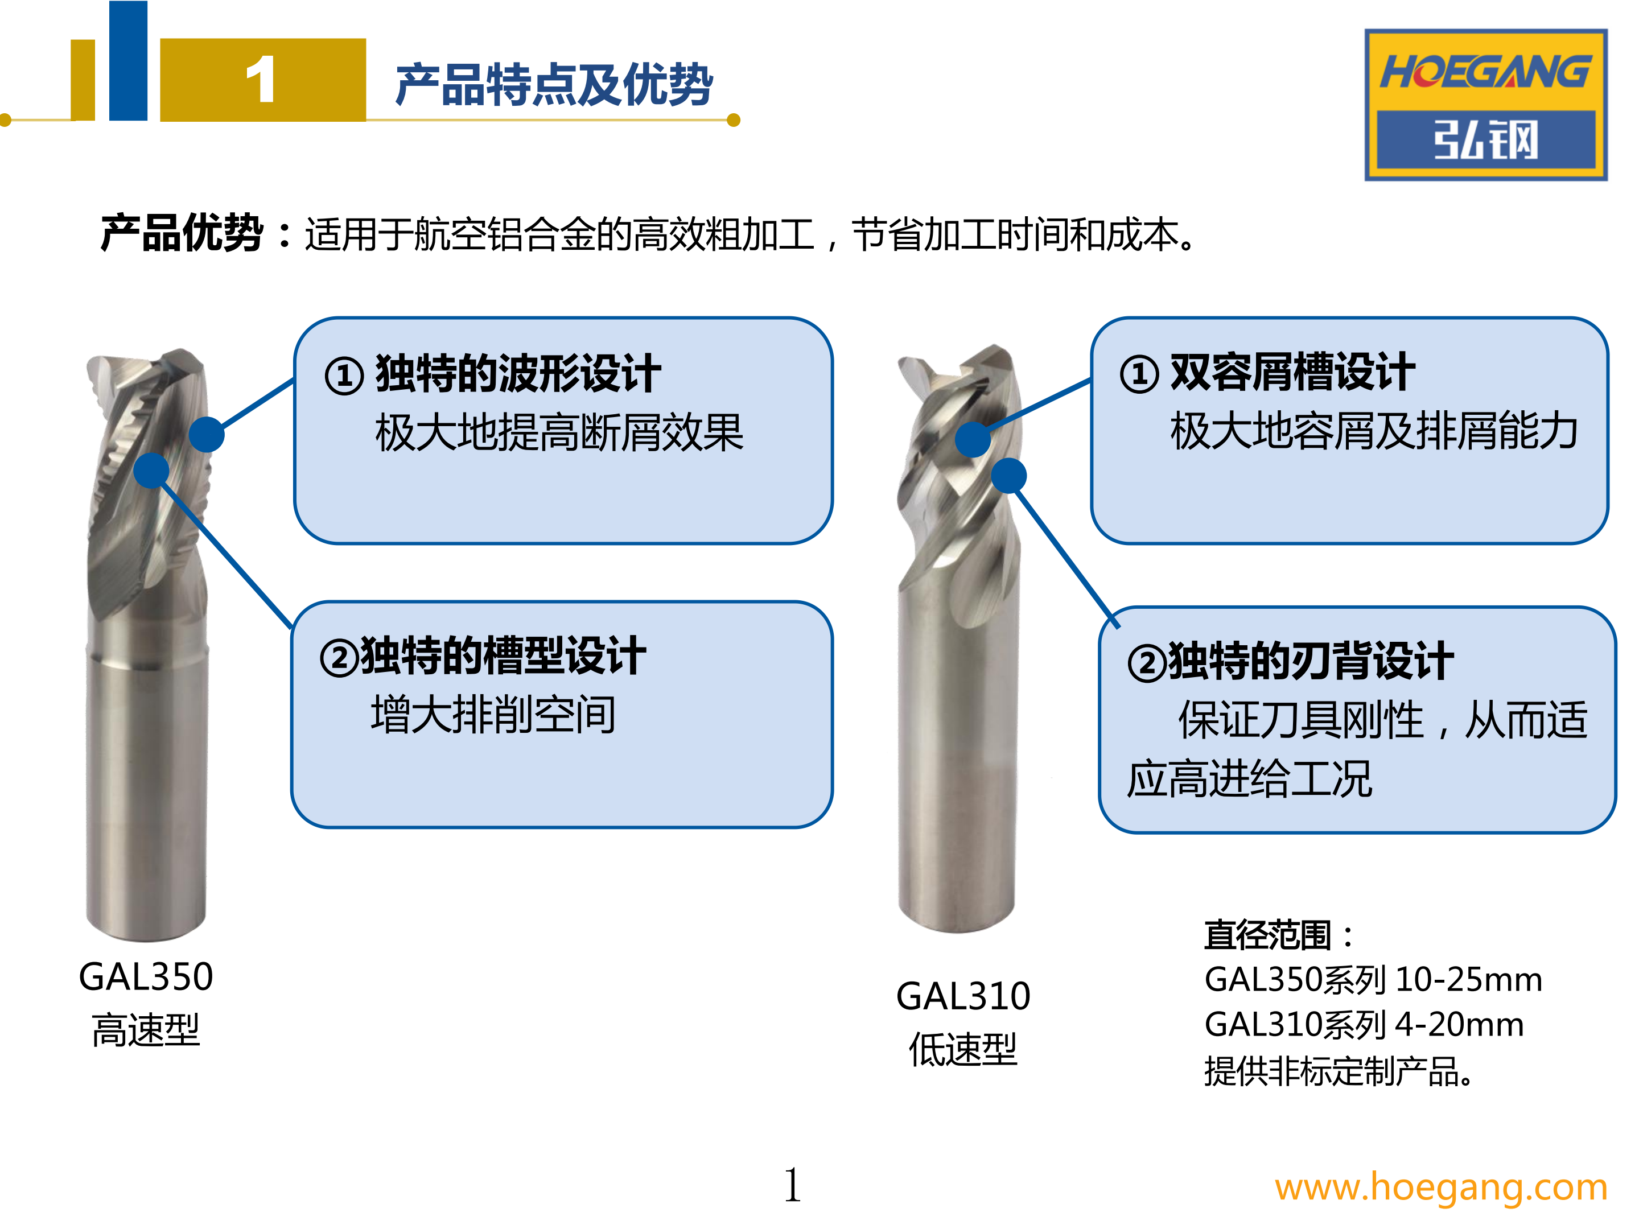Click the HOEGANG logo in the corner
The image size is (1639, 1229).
(x=1485, y=105)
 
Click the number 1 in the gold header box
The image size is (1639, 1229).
(x=261, y=80)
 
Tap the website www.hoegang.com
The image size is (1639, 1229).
(x=1440, y=1187)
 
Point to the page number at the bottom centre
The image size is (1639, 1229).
(x=792, y=1185)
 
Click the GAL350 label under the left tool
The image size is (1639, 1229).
(x=146, y=976)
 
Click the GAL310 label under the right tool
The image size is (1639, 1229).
(x=963, y=996)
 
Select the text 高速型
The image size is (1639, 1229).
(x=146, y=1030)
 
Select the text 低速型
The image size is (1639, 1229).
(x=963, y=1049)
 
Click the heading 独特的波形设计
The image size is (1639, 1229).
(x=518, y=373)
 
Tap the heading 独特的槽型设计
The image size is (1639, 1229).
(x=503, y=657)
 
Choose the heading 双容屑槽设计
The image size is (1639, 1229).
(x=1293, y=372)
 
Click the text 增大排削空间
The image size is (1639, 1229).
(x=493, y=715)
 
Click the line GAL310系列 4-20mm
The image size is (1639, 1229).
(x=1364, y=1025)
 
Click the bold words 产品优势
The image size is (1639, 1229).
(x=182, y=233)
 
